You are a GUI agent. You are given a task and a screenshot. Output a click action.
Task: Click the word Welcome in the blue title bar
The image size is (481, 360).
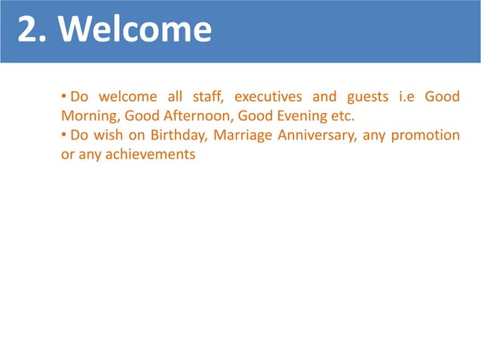pyautogui.click(x=135, y=31)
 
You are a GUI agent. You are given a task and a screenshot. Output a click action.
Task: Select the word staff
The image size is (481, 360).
pyautogui.click(x=205, y=97)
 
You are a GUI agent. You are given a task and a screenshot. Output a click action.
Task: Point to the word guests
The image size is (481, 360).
pyautogui.click(x=368, y=98)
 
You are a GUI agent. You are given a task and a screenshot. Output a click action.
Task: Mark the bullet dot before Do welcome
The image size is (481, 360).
pyautogui.click(x=64, y=97)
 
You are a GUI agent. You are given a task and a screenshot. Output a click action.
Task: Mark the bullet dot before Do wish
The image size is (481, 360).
pyautogui.click(x=64, y=136)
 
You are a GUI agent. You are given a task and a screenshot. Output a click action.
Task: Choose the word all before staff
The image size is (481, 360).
pyautogui.click(x=174, y=97)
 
